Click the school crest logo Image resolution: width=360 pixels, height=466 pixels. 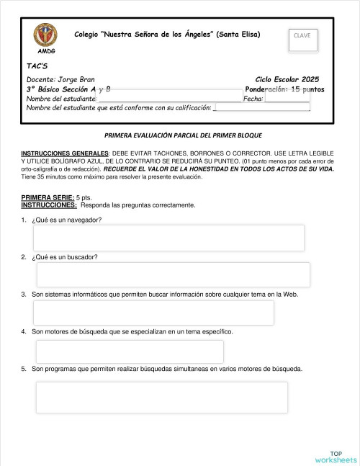point(45,35)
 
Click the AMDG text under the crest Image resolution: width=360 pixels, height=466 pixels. point(45,52)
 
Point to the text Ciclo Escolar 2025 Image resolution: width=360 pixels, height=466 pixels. point(287,79)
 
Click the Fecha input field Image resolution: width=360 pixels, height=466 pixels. point(287,98)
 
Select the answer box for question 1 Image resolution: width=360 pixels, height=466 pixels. point(168,238)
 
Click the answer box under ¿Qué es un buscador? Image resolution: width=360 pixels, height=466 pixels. point(173,274)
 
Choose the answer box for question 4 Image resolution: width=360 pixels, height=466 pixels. point(130,351)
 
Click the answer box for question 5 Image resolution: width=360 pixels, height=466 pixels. point(162,397)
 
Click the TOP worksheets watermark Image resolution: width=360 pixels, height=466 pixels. point(336,456)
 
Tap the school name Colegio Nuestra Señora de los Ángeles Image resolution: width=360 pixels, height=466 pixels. point(167,35)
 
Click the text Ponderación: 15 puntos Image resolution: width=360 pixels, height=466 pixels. point(284,89)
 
